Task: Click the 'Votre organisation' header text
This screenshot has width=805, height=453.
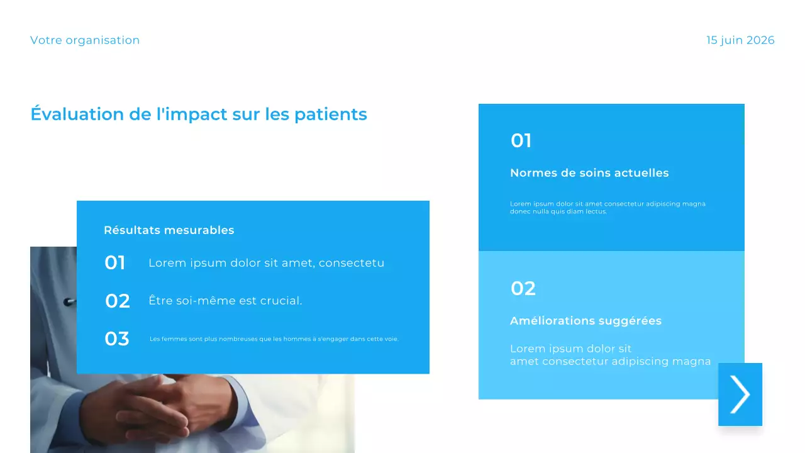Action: pos(85,40)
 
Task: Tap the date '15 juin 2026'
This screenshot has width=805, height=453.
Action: pos(740,40)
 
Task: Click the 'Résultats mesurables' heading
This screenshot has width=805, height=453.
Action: pos(169,230)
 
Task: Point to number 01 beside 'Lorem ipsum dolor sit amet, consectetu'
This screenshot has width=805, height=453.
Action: pos(115,263)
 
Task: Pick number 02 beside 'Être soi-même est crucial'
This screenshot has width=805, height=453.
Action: pos(117,301)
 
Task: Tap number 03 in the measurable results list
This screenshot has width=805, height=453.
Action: pos(117,339)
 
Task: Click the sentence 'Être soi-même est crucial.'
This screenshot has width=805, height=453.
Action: pos(225,301)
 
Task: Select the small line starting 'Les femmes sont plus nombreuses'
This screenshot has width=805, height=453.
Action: pos(274,339)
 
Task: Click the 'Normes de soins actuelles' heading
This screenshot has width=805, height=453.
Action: pos(589,173)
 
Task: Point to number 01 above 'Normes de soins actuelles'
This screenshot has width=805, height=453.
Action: pos(521,141)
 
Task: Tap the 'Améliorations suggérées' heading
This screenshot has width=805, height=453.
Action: pos(586,321)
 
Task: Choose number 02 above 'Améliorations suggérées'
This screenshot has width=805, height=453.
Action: pos(523,289)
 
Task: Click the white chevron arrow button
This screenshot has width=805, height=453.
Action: pos(740,394)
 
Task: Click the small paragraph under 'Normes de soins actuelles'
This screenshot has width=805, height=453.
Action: pos(608,208)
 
